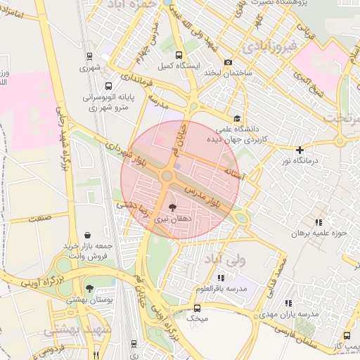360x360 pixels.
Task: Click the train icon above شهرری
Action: (x=90, y=56)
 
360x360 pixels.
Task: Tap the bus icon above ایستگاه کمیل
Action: (x=179, y=54)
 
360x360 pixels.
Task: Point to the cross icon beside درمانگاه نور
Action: (x=300, y=150)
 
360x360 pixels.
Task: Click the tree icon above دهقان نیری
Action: (x=173, y=207)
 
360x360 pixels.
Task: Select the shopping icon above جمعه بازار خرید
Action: (x=86, y=235)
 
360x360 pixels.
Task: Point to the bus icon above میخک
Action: (x=197, y=308)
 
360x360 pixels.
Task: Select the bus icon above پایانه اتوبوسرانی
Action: (x=107, y=86)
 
